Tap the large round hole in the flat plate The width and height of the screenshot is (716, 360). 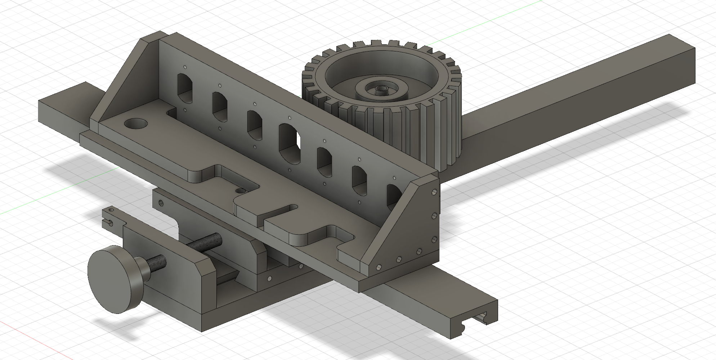[136, 124]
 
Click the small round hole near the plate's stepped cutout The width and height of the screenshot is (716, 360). [240, 190]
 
